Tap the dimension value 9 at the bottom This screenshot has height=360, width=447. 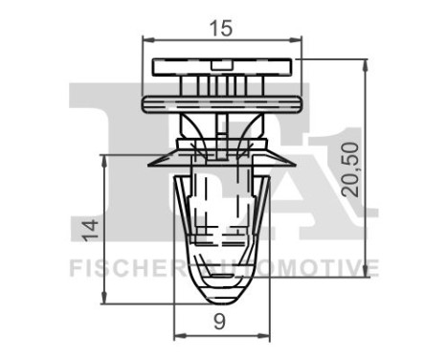pos(221,323)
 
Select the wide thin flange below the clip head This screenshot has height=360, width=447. pos(222,100)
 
